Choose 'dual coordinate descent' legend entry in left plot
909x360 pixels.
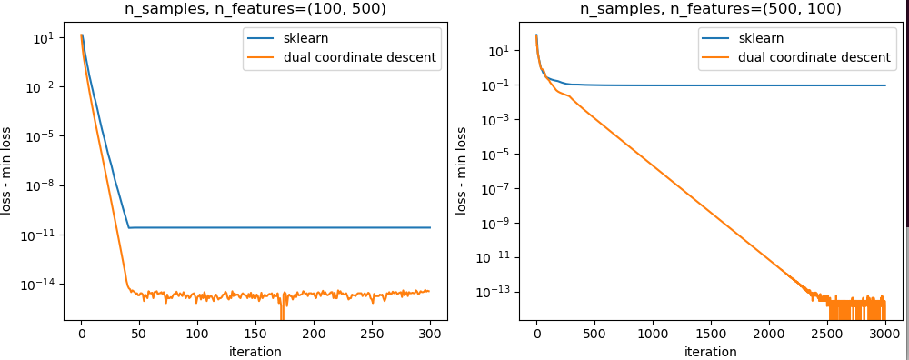341,57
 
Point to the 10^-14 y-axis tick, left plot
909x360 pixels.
41,285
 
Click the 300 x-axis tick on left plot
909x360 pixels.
430,335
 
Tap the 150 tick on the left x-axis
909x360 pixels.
255,335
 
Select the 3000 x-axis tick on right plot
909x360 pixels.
884,335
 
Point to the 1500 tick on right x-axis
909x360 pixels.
711,335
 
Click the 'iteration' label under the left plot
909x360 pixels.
255,352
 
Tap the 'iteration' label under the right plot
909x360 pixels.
710,352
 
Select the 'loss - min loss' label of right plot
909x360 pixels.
462,170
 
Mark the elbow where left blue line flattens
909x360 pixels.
129,227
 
